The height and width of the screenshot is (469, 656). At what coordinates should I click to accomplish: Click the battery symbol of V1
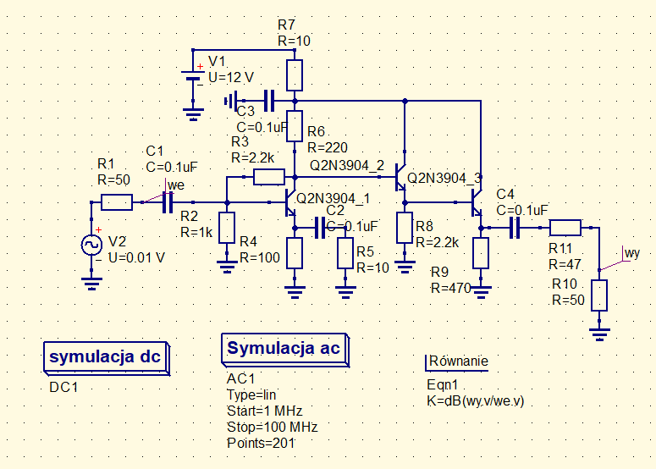195,75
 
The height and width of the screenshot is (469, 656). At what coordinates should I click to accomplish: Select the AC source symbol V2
91,245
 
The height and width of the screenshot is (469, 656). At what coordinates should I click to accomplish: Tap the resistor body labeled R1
117,202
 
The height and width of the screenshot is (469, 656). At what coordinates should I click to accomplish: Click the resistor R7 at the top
294,74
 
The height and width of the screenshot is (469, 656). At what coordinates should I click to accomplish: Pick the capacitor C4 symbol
514,227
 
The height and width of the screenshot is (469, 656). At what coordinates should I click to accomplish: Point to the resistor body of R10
599,295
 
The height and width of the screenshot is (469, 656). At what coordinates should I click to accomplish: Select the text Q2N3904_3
444,179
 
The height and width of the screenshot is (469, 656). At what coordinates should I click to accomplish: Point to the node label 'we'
176,185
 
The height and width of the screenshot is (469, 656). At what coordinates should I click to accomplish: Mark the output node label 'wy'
631,252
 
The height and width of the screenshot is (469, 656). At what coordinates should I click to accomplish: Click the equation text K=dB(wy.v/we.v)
476,400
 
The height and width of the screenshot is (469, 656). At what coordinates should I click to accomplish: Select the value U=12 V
231,77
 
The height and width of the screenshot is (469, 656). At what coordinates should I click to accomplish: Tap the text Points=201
262,443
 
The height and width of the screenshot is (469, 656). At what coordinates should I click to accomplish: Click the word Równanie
459,361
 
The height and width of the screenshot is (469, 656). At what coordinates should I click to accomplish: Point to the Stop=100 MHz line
272,427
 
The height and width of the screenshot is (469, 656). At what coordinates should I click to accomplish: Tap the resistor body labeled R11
565,227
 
